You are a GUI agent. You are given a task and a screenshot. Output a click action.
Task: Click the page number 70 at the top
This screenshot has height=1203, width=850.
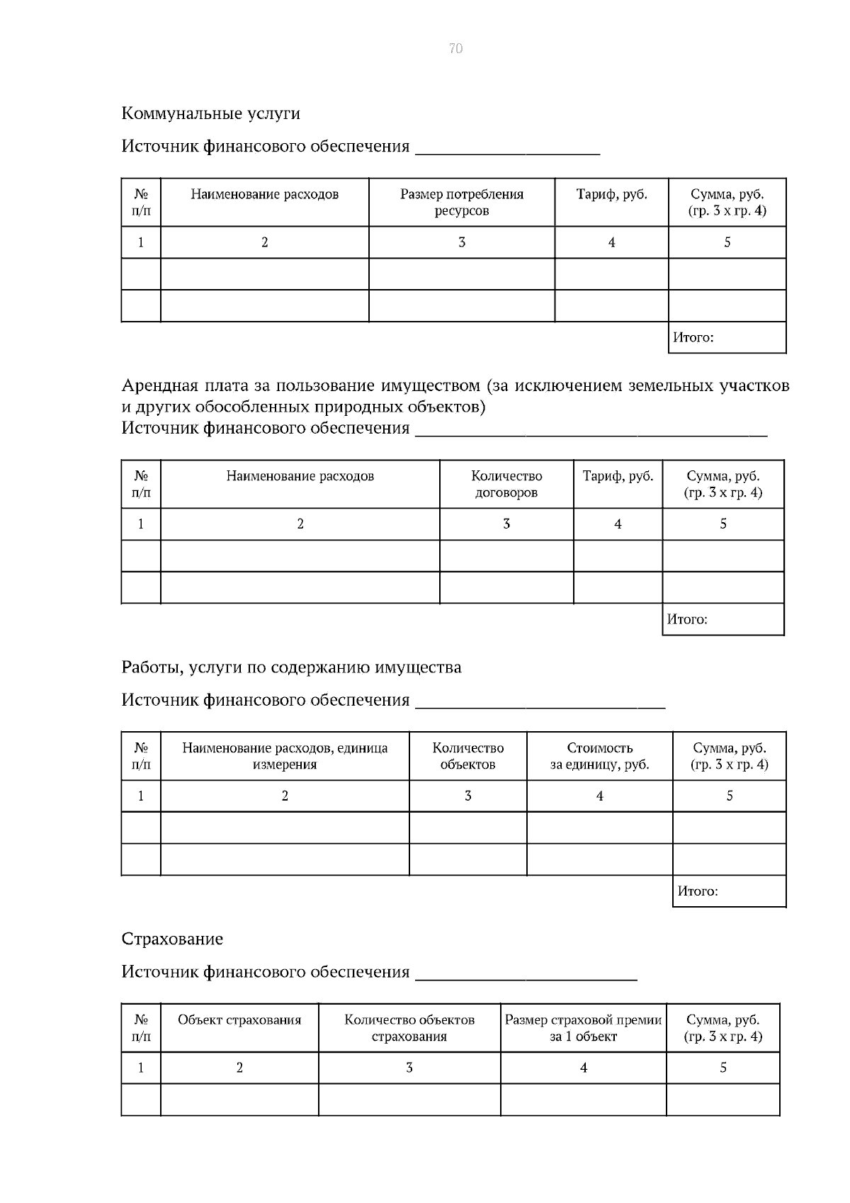(x=455, y=48)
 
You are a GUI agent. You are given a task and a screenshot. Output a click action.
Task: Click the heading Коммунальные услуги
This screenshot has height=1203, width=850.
(x=210, y=113)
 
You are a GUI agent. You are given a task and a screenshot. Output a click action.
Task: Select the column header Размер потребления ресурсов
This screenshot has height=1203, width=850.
(x=461, y=203)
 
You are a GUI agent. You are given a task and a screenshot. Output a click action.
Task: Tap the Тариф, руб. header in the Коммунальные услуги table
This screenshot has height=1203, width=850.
(x=611, y=194)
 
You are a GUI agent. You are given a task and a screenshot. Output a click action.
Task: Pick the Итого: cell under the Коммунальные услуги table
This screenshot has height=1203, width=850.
(x=727, y=338)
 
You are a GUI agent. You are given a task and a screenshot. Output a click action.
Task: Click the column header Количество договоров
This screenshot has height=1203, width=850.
(x=506, y=484)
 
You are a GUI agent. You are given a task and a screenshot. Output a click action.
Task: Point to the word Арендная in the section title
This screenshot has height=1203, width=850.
(x=157, y=386)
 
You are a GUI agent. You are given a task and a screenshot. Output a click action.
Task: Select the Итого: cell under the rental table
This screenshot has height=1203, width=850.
(x=722, y=619)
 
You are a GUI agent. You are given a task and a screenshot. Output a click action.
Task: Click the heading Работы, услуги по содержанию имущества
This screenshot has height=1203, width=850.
(x=291, y=667)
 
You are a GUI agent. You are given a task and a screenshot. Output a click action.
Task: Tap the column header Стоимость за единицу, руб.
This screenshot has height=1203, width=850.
(x=599, y=756)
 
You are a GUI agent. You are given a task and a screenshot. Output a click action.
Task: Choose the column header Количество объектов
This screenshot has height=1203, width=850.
(x=467, y=756)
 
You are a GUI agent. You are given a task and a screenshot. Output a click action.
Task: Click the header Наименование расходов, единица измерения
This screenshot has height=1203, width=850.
(x=285, y=756)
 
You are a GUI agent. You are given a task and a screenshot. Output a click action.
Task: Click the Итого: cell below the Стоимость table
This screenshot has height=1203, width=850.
(x=729, y=891)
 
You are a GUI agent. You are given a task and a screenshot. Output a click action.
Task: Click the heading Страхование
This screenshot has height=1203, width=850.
(x=172, y=939)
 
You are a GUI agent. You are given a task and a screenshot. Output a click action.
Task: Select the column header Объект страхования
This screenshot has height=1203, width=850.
(x=239, y=1020)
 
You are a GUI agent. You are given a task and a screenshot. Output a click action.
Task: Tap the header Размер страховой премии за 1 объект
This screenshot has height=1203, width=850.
(x=583, y=1028)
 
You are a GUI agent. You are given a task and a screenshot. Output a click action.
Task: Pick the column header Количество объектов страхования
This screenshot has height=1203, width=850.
(x=409, y=1028)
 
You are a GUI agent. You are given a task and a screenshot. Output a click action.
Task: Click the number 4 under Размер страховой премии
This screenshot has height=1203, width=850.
(x=583, y=1068)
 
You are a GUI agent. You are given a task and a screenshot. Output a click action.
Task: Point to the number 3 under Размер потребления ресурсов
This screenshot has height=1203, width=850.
(x=461, y=242)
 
